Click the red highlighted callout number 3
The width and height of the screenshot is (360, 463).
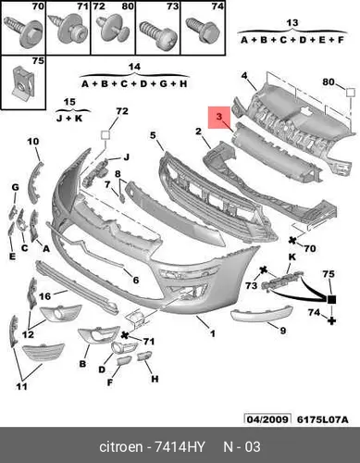pyautogui.click(x=219, y=117)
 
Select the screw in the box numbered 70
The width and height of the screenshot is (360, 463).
pyautogui.click(x=22, y=31)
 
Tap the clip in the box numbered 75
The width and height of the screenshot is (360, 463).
pyautogui.click(x=21, y=81)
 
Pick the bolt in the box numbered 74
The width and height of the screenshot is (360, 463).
pyautogui.click(x=203, y=30)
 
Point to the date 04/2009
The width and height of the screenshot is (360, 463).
pyautogui.click(x=267, y=419)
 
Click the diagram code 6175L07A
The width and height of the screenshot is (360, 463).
pyautogui.click(x=323, y=419)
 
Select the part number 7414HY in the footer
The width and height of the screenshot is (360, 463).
pyautogui.click(x=180, y=447)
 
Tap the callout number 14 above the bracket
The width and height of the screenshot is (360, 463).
pyautogui.click(x=134, y=67)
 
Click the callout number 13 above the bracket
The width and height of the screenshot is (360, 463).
pyautogui.click(x=292, y=23)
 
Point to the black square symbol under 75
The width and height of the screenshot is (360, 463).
pyautogui.click(x=331, y=299)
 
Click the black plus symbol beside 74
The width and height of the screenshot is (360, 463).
pyautogui.click(x=331, y=320)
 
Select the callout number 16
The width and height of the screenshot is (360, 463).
pyautogui.click(x=44, y=296)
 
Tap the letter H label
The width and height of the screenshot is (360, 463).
pyautogui.click(x=155, y=379)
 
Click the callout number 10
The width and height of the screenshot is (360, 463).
pyautogui.click(x=33, y=142)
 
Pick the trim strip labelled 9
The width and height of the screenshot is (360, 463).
pyautogui.click(x=261, y=314)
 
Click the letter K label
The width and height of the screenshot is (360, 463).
pyautogui.click(x=292, y=257)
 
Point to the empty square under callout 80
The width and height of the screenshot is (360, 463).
pyautogui.click(x=351, y=93)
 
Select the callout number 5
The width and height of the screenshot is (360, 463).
pyautogui.click(x=154, y=135)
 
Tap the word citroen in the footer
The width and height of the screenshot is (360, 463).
pyautogui.click(x=121, y=447)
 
